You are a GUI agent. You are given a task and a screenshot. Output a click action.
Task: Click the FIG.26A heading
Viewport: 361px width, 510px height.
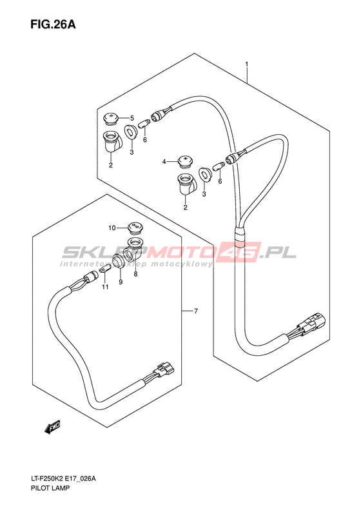coord(53,25)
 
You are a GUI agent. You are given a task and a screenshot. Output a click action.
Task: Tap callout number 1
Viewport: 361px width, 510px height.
coord(247,64)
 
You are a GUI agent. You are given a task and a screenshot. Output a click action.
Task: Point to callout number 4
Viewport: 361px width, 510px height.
coord(164,161)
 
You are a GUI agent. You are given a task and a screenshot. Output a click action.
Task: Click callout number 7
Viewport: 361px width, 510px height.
coord(196,311)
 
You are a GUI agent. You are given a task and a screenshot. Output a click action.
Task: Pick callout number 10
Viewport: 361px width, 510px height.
coord(112,228)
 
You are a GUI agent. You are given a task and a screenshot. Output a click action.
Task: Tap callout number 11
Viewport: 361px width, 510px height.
coord(104,287)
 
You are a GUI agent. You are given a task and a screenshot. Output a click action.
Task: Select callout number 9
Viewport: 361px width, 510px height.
coord(121,282)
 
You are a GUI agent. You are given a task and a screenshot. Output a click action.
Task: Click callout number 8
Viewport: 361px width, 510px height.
coord(135,274)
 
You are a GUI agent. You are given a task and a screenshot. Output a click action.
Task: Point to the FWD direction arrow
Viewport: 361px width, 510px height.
coord(52,427)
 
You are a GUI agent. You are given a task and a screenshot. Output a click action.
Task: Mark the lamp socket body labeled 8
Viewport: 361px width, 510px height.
coord(134,250)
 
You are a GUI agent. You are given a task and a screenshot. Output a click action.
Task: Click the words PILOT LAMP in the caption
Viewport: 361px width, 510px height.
coord(50,496)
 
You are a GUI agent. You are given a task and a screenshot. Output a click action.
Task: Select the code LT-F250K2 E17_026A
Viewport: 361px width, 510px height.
coord(63,487)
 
